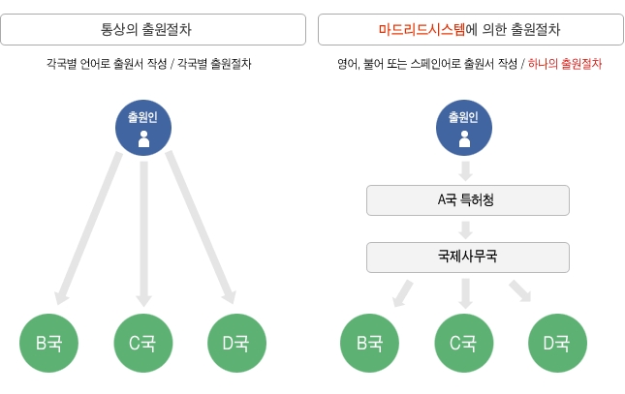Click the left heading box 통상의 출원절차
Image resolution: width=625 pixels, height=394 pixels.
click(153, 29)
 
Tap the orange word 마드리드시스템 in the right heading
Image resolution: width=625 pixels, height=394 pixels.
click(422, 29)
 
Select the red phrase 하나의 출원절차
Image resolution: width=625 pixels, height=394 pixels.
click(564, 64)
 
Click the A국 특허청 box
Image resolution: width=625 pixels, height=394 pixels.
click(468, 200)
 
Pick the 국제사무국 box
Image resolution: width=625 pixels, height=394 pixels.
click(468, 258)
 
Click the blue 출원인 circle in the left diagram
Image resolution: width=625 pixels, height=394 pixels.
click(143, 128)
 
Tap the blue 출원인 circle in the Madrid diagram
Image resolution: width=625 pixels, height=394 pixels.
click(464, 128)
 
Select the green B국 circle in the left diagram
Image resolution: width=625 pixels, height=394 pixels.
click(48, 343)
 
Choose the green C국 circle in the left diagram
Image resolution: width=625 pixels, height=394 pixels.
click(143, 343)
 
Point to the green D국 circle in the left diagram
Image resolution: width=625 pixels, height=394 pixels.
click(236, 343)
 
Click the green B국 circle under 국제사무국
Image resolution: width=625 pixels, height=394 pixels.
click(369, 343)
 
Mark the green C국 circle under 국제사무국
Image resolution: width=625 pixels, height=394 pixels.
click(464, 343)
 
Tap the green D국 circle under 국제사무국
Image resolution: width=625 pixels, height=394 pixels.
click(557, 343)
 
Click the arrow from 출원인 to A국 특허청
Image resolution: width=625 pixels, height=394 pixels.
click(465, 171)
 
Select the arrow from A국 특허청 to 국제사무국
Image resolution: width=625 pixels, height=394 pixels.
click(465, 229)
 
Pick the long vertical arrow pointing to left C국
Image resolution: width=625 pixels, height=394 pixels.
click(143, 234)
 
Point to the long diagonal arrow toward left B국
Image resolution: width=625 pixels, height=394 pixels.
click(88, 227)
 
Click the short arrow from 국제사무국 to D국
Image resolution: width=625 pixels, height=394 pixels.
click(520, 290)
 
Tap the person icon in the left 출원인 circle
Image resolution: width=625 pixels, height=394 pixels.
click(143, 138)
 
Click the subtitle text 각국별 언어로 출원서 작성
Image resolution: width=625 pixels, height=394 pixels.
click(107, 64)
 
